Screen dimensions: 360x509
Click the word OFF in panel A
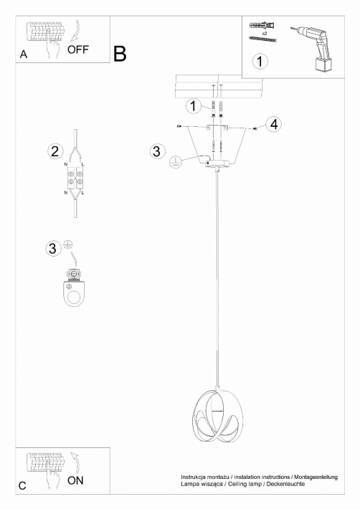(78, 49)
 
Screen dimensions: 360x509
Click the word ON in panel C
(75, 480)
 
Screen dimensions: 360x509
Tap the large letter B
(120, 54)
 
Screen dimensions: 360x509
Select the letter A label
(24, 54)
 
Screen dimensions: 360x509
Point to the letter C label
(22, 485)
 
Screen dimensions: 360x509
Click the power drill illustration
(314, 48)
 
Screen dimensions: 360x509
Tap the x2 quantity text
(264, 34)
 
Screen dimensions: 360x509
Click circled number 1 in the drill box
(260, 61)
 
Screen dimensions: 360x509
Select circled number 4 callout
(274, 124)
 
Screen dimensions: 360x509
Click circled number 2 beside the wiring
(55, 151)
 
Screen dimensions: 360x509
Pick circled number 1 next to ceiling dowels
(194, 106)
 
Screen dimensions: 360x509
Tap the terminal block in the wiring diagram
(75, 178)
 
